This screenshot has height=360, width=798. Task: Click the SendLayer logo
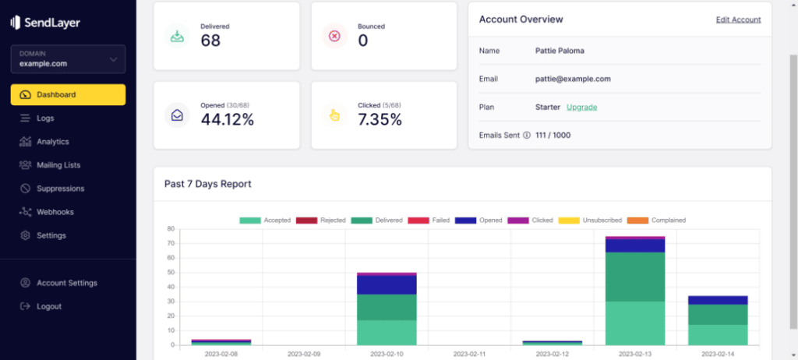pyautogui.click(x=45, y=23)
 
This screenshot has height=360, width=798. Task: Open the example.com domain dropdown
pyautogui.click(x=68, y=59)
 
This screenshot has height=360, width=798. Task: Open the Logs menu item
pyautogui.click(x=45, y=118)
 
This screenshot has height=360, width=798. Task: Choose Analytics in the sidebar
pyautogui.click(x=52, y=142)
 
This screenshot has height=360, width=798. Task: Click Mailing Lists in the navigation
pyautogui.click(x=58, y=165)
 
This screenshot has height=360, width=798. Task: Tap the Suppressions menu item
pyautogui.click(x=60, y=189)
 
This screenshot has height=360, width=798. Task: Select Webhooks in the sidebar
pyautogui.click(x=55, y=212)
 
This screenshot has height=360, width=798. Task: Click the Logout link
pyautogui.click(x=48, y=306)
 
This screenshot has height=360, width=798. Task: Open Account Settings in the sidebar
pyautogui.click(x=66, y=283)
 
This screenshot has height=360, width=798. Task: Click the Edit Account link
pyautogui.click(x=738, y=19)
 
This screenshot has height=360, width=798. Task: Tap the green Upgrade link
pyautogui.click(x=581, y=107)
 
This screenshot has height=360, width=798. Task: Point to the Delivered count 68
pyautogui.click(x=210, y=41)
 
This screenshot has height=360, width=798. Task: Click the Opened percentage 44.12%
pyautogui.click(x=227, y=119)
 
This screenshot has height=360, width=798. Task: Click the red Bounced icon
pyautogui.click(x=334, y=36)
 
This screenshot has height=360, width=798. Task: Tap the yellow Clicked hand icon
pyautogui.click(x=334, y=115)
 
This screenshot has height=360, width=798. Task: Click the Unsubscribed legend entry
pyautogui.click(x=599, y=221)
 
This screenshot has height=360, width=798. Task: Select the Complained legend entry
pyautogui.click(x=662, y=221)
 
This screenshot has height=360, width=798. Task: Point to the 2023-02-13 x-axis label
pyautogui.click(x=634, y=353)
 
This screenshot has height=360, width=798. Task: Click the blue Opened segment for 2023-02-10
pyautogui.click(x=387, y=284)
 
